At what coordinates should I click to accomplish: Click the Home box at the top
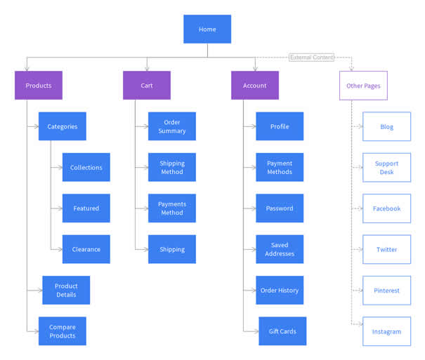[207, 29]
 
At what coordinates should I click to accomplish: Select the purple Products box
[39, 86]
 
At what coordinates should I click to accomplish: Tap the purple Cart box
[147, 86]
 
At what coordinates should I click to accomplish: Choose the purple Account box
[255, 86]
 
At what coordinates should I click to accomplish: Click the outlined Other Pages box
[363, 86]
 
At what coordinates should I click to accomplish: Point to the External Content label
[312, 57]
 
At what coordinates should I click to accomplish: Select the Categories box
[63, 126]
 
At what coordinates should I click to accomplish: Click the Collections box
[86, 168]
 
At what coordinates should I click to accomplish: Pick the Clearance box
[86, 249]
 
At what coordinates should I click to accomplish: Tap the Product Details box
[67, 290]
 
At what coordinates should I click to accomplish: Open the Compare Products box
[63, 331]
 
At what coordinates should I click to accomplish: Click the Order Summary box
[172, 126]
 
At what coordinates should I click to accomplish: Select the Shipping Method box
[172, 168]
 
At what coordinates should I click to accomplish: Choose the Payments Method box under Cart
[172, 208]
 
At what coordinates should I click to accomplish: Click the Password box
[280, 208]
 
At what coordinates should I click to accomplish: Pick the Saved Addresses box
[280, 249]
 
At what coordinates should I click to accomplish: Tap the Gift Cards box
[282, 331]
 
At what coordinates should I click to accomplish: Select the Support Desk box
[387, 168]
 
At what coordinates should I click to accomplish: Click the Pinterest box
[387, 290]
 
